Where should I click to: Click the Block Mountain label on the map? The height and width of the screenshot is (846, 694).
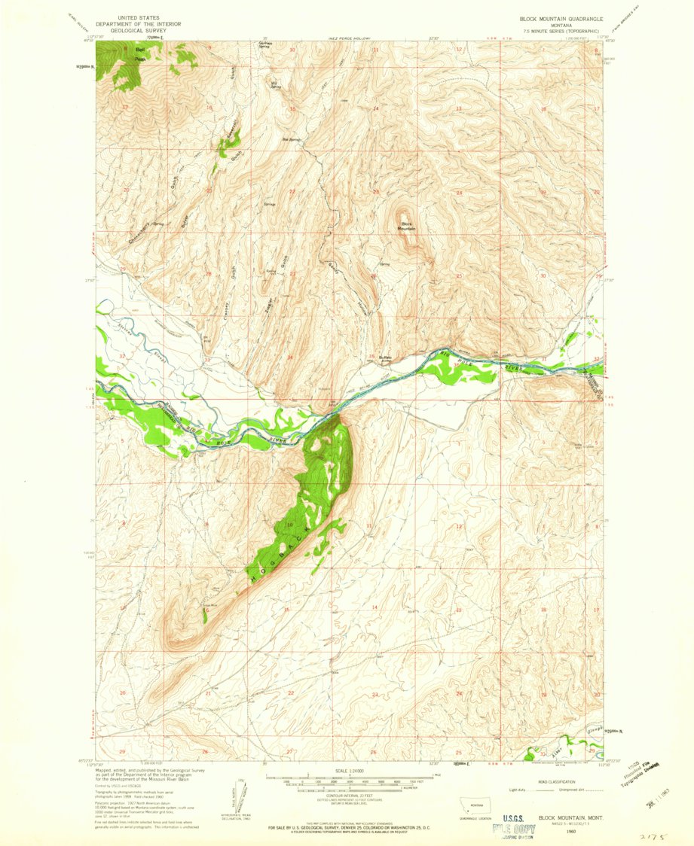pyautogui.click(x=408, y=227)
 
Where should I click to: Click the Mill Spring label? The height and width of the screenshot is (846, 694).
pyautogui.click(x=275, y=84)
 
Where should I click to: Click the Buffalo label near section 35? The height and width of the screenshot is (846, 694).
pyautogui.click(x=385, y=358)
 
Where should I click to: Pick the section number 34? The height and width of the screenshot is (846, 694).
pyautogui.click(x=290, y=358)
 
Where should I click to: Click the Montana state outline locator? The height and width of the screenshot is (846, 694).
pyautogui.click(x=475, y=802)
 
